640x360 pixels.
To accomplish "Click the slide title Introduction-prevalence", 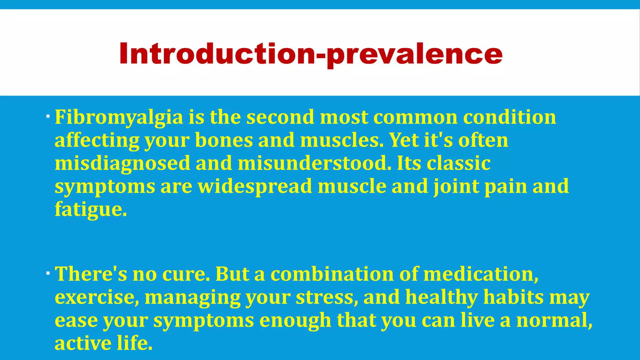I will (x=311, y=54).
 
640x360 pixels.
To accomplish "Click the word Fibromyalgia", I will (x=119, y=117).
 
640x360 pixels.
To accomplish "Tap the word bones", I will (x=224, y=140).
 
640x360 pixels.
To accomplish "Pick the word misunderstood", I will (x=314, y=163).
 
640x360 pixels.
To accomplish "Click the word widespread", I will (x=255, y=187).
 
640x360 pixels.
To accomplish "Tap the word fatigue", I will (x=91, y=209).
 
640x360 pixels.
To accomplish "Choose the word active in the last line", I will (x=83, y=343).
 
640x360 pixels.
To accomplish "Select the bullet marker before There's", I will (x=47, y=273).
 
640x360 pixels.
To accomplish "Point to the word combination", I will (x=332, y=274).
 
